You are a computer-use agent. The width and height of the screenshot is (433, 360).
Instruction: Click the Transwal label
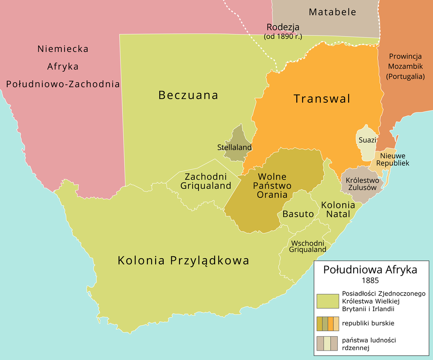tap(322, 99)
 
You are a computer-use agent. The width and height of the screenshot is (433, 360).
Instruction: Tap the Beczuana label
tap(188, 95)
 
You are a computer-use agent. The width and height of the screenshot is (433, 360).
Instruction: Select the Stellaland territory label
tap(234, 147)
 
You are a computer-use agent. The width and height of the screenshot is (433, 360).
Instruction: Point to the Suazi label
tap(367, 140)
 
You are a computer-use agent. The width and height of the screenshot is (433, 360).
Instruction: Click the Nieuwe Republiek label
tap(392, 159)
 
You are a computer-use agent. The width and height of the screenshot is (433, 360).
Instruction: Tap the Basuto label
tap(298, 214)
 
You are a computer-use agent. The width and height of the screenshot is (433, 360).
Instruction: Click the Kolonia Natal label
tap(338, 209)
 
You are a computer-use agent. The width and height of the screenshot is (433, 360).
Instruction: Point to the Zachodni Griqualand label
tap(206, 181)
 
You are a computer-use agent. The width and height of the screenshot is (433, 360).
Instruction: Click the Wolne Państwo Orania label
tap(272, 186)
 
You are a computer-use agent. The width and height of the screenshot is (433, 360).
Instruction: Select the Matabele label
tap(332, 12)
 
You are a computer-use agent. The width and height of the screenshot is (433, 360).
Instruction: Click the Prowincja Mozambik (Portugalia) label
tap(405, 66)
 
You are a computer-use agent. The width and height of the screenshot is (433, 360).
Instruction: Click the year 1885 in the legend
tap(370, 280)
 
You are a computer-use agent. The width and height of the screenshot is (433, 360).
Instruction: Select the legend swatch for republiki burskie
tap(327, 323)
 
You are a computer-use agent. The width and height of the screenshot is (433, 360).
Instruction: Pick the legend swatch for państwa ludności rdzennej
tap(327, 344)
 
